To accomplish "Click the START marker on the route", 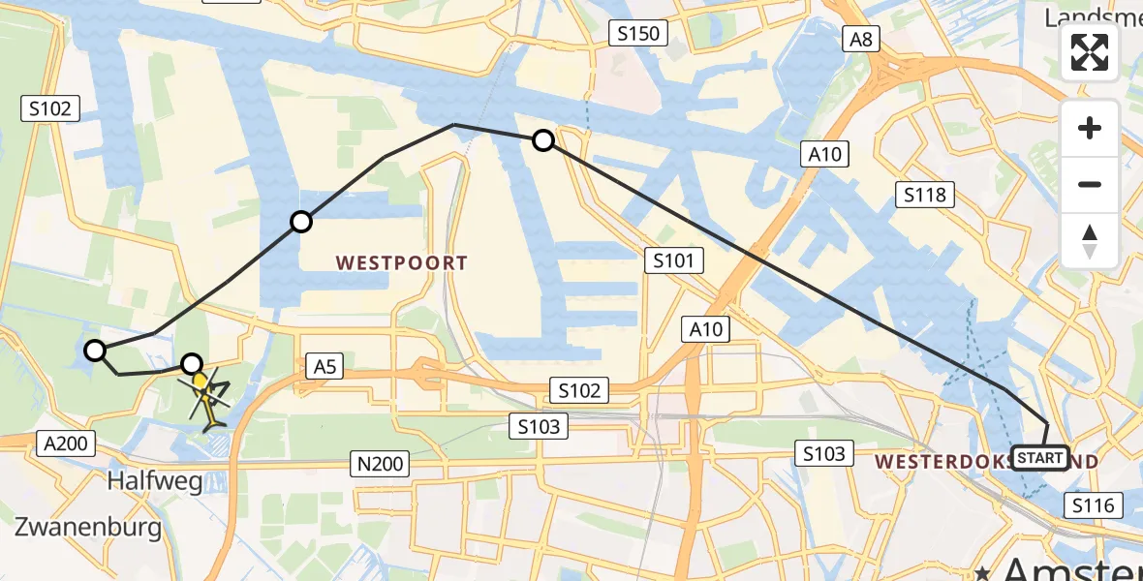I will coord(1040,457).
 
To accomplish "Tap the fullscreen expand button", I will coord(1090,52).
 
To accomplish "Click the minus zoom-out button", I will coord(1090,184).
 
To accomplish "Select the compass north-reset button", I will coord(1090,241).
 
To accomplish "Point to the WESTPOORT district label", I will coord(402,262).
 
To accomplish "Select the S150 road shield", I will coord(639,34).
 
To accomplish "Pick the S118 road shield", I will coord(924,195).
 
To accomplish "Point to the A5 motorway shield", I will coord(324,365).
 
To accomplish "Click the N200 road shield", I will coord(379,465).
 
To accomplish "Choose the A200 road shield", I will coord(67,444).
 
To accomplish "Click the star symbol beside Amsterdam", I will coord(983,572).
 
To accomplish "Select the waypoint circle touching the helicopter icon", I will coord(193,364).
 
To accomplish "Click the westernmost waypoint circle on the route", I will coord(95,351).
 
